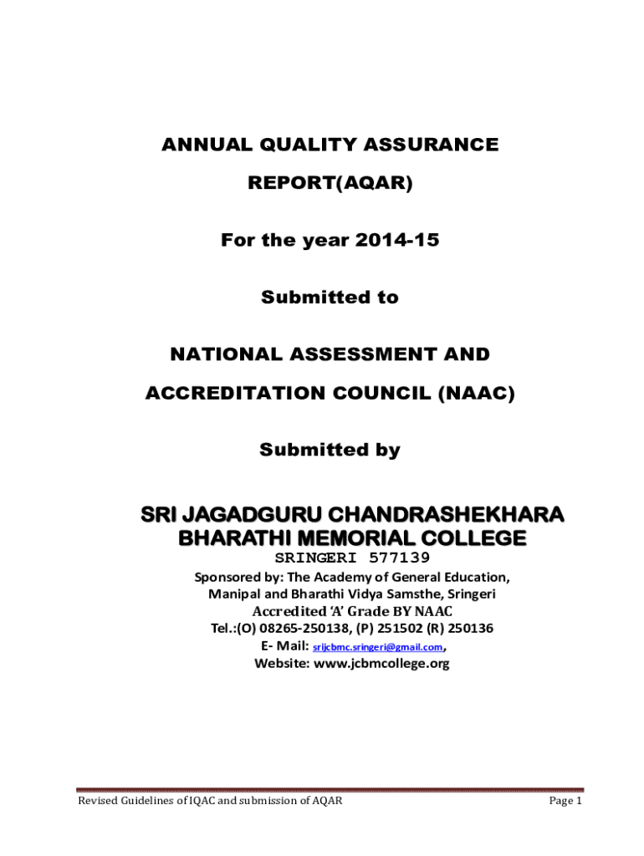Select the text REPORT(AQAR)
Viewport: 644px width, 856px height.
tap(330, 182)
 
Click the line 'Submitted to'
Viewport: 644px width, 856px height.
tap(330, 297)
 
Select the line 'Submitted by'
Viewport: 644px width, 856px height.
tap(330, 450)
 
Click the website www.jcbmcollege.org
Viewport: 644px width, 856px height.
tap(381, 664)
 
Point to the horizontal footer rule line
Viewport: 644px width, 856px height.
tap(330, 789)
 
